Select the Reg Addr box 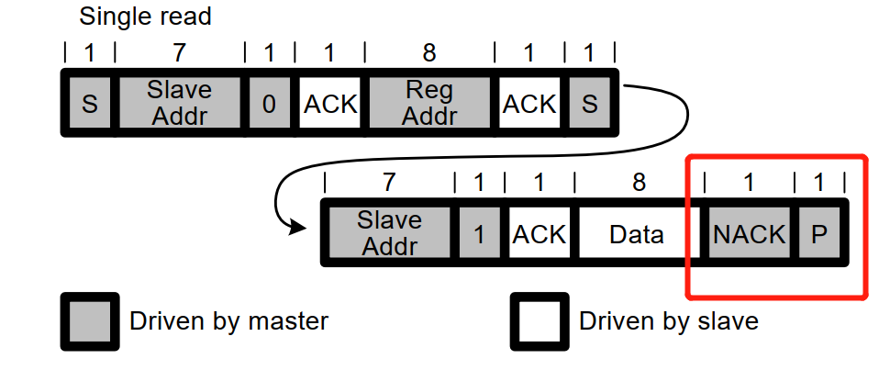point(428,104)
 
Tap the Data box point(636,234)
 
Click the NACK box point(749,234)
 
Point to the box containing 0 point(269,104)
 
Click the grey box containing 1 point(478,234)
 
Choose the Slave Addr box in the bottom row point(389,234)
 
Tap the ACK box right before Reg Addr point(330,104)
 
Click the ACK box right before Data point(539,234)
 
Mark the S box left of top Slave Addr point(89,104)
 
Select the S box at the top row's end point(589,104)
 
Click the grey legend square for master point(89,321)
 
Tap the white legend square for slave point(539,321)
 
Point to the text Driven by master point(228,321)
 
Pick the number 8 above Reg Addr point(428,53)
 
